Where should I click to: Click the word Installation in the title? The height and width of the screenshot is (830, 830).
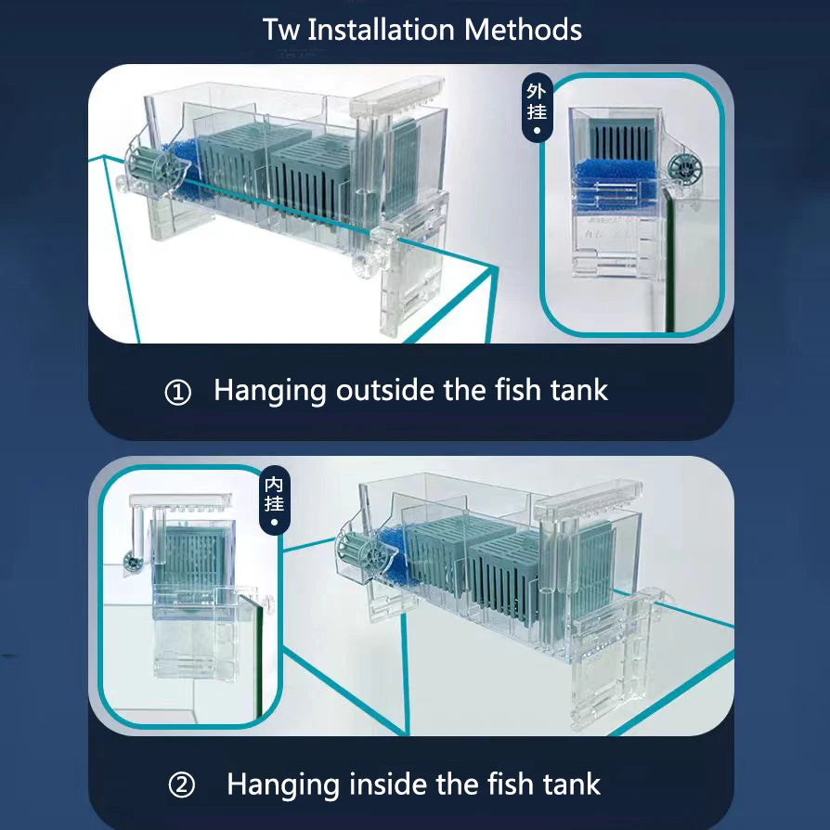[x=381, y=30]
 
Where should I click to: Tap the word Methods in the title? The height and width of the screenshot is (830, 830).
[x=523, y=30]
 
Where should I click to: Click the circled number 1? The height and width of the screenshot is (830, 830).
[x=178, y=393]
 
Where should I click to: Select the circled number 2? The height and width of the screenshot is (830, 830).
[x=182, y=785]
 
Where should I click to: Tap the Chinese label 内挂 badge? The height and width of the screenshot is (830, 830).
[x=274, y=499]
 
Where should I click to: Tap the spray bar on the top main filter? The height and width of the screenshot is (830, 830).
[x=398, y=93]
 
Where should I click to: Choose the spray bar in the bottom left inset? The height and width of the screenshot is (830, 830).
[x=180, y=500]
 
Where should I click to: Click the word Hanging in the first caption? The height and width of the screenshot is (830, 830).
[x=270, y=392]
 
